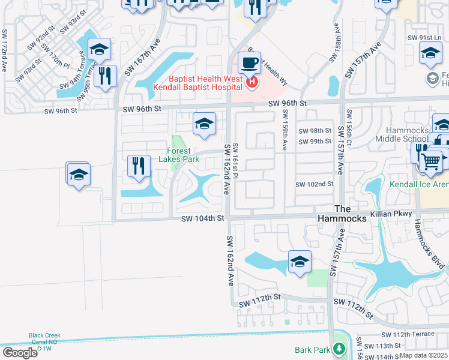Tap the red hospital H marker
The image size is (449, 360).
click(252, 82)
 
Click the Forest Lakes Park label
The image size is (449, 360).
click(179, 155)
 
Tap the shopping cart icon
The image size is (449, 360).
click(430, 160)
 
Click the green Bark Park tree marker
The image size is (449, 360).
click(339, 349)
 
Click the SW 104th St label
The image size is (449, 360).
click(203, 219)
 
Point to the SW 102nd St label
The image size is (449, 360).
click(314, 184)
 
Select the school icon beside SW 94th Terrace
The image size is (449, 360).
click(99, 49)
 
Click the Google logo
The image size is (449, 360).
click(20, 353)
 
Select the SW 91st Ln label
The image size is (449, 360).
click(420, 37)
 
